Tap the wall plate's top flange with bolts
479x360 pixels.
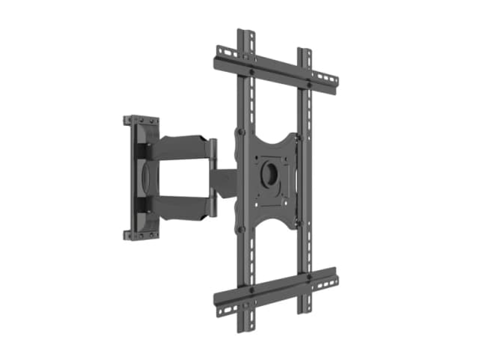(x=141, y=121)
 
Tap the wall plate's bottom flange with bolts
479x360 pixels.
(x=142, y=234)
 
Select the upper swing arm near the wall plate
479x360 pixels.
(x=180, y=148)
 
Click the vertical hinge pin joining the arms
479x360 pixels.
(x=213, y=177)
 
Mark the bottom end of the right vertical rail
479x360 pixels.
(x=305, y=308)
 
